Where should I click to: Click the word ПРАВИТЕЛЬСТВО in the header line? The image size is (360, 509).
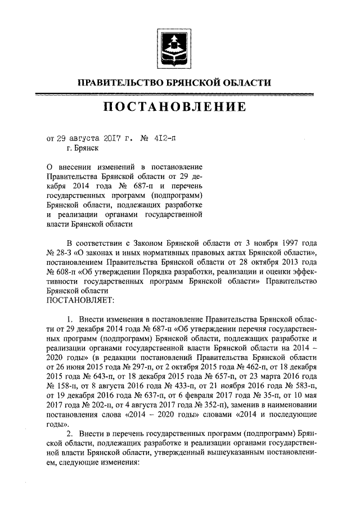118,83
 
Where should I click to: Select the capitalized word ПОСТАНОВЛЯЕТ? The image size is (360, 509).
79,300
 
